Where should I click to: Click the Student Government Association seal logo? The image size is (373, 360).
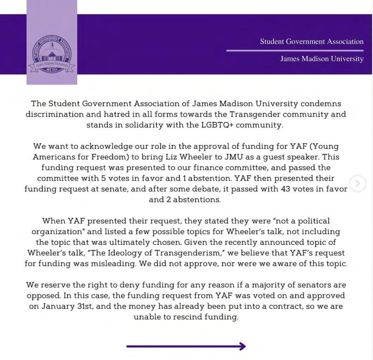pyautogui.click(x=51, y=54)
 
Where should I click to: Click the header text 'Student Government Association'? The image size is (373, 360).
pyautogui.click(x=311, y=42)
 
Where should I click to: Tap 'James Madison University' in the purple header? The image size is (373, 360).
pyautogui.click(x=322, y=59)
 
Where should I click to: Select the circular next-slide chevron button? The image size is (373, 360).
pyautogui.click(x=358, y=183)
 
